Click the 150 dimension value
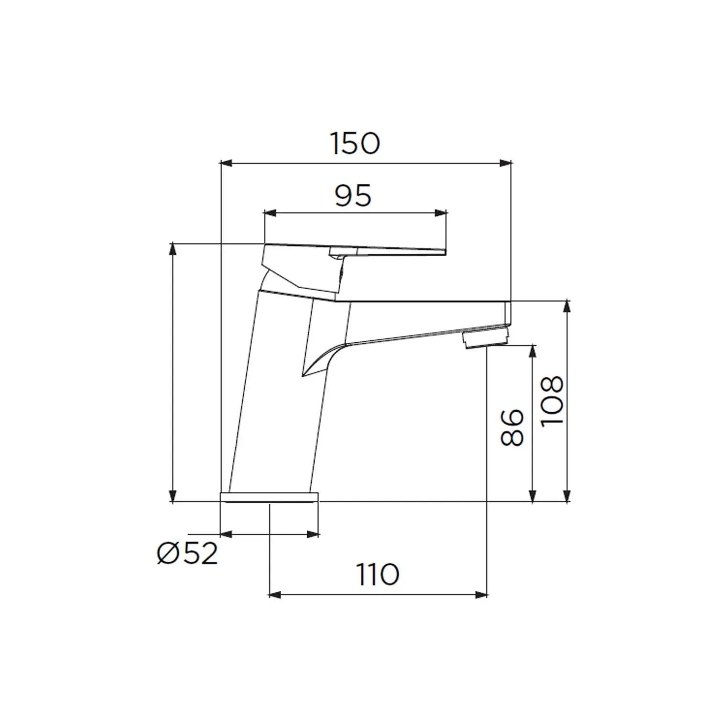tap(355, 143)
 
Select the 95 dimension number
tap(353, 196)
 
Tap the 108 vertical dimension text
tap(552, 401)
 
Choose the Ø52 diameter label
tap(187, 554)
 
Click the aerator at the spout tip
tap(485, 339)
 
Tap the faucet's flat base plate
tap(269, 497)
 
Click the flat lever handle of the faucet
tap(382, 250)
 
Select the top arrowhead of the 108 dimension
tap(567, 306)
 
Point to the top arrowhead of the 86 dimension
tap(532, 350)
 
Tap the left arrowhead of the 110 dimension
tap(275, 595)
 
